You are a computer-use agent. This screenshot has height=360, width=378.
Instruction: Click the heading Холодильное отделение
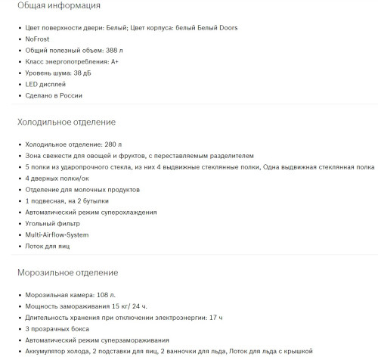point(66,122)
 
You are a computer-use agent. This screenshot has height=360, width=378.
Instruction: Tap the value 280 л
point(113,144)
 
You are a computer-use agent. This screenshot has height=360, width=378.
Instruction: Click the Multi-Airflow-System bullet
point(61,235)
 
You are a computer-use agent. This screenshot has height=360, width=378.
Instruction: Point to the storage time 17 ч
point(215,318)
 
